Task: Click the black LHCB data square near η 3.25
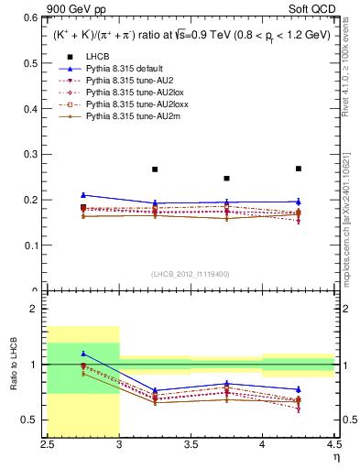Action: click(155, 169)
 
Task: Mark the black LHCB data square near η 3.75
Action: click(227, 178)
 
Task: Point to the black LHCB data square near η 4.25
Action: click(299, 169)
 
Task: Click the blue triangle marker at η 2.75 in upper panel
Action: click(83, 194)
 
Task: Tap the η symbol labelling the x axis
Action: click(336, 457)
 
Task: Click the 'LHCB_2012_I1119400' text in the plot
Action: click(191, 274)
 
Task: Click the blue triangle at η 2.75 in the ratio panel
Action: click(83, 354)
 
